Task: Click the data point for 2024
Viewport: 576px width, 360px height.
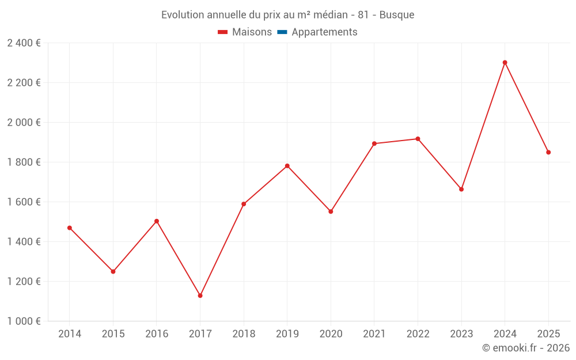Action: pos(505,63)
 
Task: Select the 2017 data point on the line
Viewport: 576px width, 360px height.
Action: pos(200,295)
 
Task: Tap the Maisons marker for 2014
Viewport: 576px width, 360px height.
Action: pos(70,228)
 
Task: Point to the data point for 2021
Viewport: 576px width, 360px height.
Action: pos(374,143)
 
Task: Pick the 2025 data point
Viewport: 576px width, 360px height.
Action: pos(548,153)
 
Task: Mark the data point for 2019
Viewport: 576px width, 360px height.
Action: pos(287,166)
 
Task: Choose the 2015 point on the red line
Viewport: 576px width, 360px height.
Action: pos(113,271)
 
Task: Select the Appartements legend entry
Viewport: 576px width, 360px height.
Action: pos(324,32)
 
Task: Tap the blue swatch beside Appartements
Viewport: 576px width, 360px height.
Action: pos(282,32)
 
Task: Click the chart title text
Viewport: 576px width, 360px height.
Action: pos(287,15)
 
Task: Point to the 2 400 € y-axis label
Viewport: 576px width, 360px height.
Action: pos(24,43)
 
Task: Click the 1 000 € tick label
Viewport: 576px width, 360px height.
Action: pos(24,321)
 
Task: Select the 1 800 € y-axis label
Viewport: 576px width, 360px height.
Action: pos(24,162)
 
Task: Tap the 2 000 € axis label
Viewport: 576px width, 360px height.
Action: pos(24,123)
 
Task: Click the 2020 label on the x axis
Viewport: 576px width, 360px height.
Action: pos(331,334)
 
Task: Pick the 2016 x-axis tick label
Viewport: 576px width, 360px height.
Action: pos(157,334)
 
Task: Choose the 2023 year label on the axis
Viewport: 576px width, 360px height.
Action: pos(461,334)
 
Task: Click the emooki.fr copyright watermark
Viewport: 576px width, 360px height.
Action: pos(525,348)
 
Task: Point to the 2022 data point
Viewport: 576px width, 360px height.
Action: pos(418,139)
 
